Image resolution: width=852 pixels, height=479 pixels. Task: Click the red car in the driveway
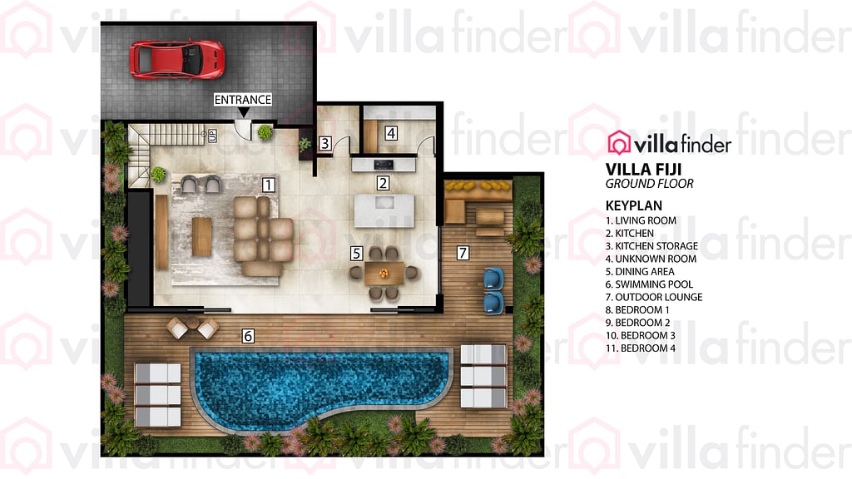(176, 59)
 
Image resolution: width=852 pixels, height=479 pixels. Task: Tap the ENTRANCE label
(243, 100)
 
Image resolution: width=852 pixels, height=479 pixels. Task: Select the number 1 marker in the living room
(268, 185)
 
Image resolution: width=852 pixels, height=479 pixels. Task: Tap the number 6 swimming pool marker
(247, 336)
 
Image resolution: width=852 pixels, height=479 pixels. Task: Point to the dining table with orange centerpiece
(384, 271)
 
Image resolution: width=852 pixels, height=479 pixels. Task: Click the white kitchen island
(384, 210)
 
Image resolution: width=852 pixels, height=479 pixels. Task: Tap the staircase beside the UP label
(166, 135)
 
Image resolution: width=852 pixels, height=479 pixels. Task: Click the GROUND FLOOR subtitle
(649, 184)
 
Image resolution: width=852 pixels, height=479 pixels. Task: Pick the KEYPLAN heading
(637, 205)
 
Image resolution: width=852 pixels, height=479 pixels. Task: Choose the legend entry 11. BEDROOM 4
(641, 348)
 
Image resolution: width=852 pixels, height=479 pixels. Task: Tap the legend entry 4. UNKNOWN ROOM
(651, 259)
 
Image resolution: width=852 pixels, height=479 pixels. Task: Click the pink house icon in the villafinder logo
(619, 143)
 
